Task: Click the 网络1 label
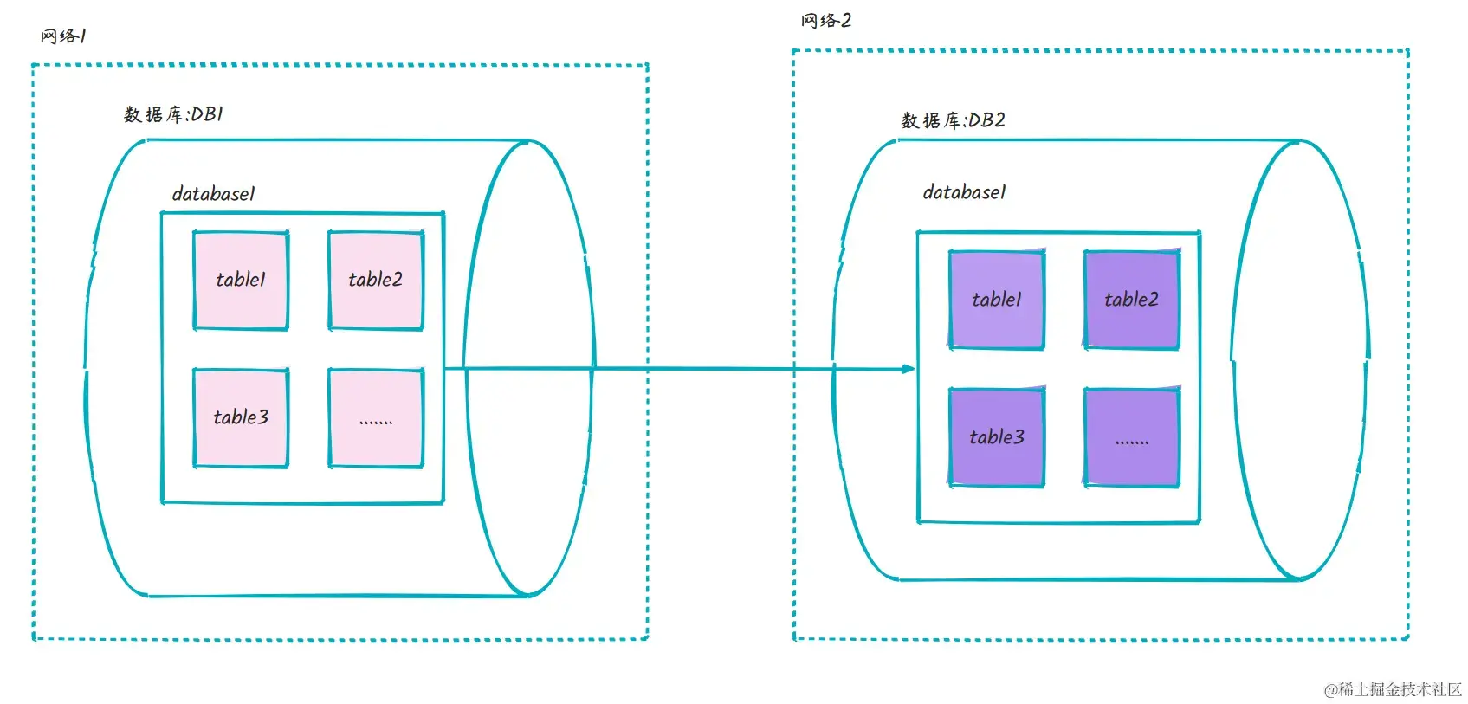click(63, 36)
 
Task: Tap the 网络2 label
click(825, 21)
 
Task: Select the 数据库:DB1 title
click(173, 114)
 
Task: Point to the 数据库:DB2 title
click(953, 120)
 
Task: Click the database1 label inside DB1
click(213, 194)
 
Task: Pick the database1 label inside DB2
click(964, 192)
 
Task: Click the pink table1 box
click(241, 280)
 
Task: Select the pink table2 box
click(376, 280)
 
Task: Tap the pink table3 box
click(241, 417)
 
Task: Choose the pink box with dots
click(376, 418)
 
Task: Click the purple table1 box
click(997, 300)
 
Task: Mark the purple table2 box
click(1131, 300)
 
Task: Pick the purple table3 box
click(997, 437)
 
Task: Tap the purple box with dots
click(1131, 438)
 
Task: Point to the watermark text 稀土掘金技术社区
click(1400, 689)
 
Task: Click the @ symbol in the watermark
click(1330, 690)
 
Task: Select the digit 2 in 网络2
click(846, 21)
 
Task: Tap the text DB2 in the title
click(986, 120)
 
